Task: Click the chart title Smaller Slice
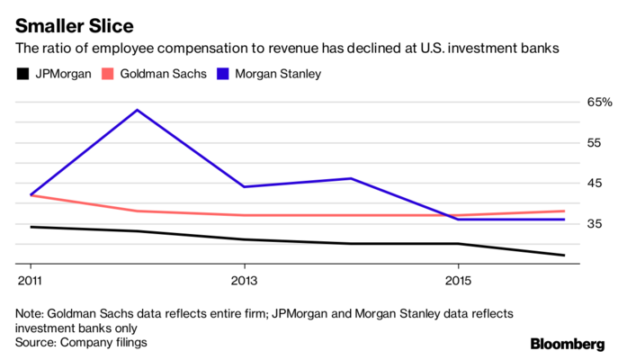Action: point(74,21)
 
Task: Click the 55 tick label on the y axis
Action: point(595,143)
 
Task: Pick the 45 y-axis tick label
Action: point(595,184)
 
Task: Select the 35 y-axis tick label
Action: point(595,223)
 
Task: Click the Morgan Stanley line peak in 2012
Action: point(137,110)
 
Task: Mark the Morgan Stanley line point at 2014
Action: point(351,178)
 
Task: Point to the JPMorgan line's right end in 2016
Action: point(564,256)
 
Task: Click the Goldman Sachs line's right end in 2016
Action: point(564,211)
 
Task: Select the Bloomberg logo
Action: point(567,343)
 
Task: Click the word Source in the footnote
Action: point(38,342)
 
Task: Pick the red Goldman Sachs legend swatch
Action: point(112,73)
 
